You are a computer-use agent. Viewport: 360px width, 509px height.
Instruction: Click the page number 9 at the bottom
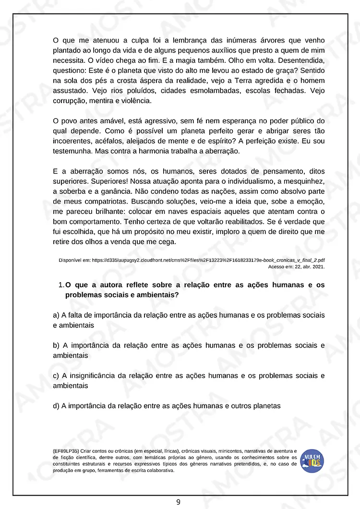(178, 502)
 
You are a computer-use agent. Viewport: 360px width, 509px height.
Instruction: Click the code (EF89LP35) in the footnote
(66, 451)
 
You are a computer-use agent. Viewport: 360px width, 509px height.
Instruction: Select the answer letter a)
(56, 315)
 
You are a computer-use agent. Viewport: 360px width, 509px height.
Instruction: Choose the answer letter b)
(56, 345)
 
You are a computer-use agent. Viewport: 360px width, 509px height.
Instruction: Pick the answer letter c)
(56, 376)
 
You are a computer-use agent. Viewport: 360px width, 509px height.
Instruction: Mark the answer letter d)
(56, 406)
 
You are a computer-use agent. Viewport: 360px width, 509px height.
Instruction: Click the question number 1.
(61, 285)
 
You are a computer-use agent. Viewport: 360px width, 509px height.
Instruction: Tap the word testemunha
(72, 151)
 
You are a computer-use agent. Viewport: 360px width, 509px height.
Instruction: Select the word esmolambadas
(219, 90)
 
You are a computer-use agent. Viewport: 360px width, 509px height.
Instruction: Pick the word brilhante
(112, 212)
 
